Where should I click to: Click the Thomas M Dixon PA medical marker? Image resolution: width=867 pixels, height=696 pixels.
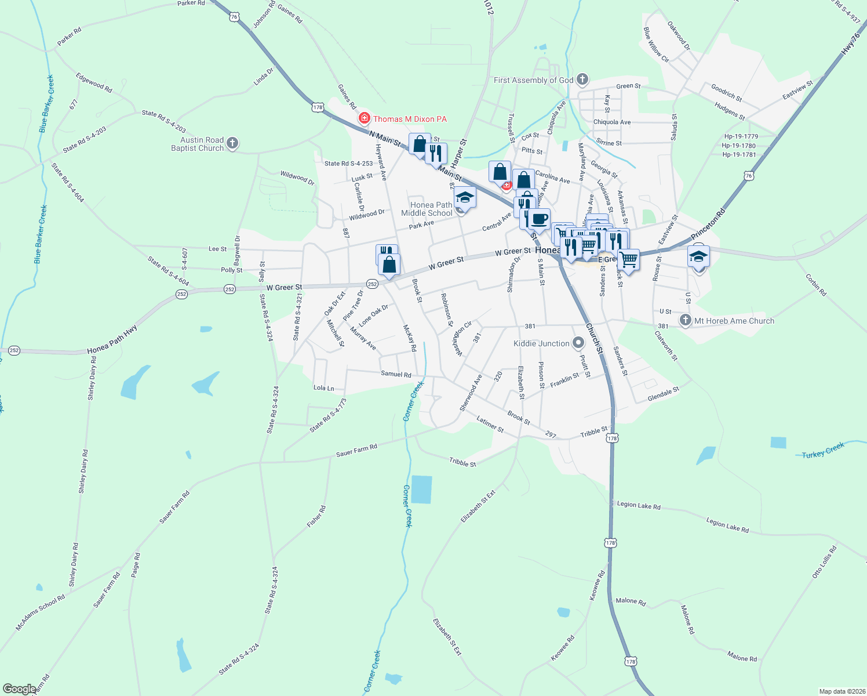364,118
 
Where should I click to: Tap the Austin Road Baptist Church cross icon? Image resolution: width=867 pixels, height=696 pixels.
232,143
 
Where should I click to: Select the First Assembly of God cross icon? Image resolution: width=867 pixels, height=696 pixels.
582,79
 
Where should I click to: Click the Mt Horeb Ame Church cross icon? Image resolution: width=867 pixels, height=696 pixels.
686,320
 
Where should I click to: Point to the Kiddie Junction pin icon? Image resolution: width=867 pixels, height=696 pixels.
578,343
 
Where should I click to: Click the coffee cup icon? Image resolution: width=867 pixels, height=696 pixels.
539,219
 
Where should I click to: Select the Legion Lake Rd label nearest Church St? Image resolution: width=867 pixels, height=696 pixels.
639,505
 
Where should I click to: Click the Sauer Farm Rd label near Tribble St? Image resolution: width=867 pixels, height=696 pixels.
356,450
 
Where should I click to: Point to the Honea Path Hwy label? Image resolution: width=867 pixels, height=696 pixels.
112,340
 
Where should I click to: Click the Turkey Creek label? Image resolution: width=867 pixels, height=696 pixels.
823,451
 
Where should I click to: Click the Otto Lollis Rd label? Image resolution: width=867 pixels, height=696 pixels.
824,561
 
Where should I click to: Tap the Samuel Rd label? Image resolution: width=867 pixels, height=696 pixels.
396,374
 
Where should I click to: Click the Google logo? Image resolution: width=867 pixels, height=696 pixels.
19,688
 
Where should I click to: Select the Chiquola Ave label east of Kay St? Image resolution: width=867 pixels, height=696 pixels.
611,122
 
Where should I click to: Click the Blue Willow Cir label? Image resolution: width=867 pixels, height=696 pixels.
656,44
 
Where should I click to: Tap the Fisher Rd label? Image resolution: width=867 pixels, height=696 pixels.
316,516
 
